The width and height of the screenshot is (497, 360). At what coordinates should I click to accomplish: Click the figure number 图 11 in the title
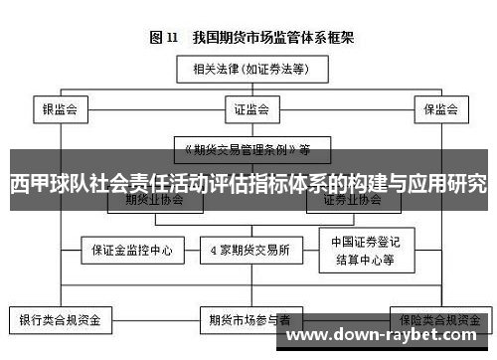click(163, 39)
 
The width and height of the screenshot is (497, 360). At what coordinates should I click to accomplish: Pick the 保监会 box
click(437, 108)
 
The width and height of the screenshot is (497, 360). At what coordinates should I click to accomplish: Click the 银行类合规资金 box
click(61, 321)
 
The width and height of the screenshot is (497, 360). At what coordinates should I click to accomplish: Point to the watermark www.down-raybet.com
click(389, 335)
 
